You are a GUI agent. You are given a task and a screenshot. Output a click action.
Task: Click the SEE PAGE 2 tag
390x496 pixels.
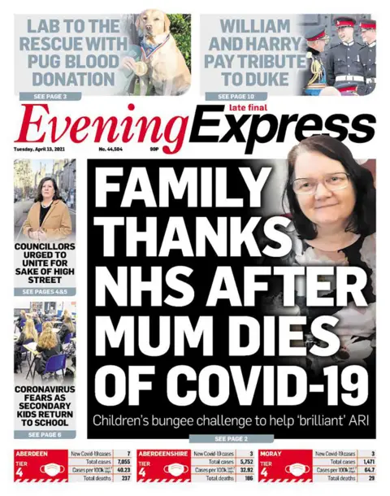tap(210, 438)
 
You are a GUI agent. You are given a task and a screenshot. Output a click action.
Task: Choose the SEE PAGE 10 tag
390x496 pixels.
tap(235, 96)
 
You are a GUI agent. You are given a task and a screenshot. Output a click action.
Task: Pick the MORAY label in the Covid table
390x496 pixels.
tap(270, 452)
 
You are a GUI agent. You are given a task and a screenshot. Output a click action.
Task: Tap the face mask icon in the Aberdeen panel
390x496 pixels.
tap(53, 470)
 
